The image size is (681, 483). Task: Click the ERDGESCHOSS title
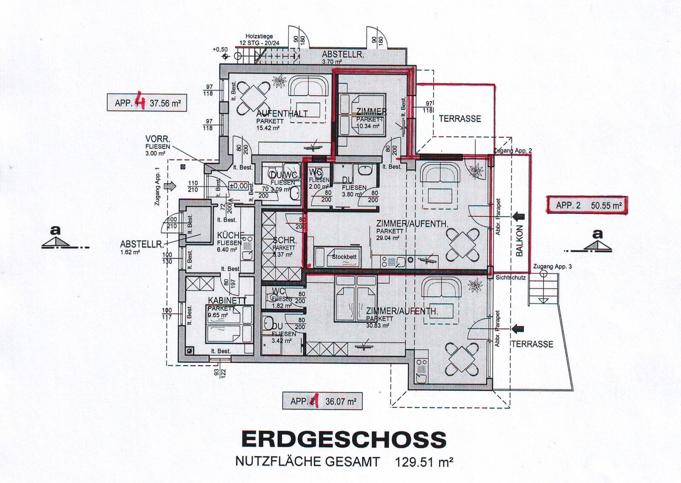344,439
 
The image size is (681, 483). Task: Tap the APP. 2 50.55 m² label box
587,205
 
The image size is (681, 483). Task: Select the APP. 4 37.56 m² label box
147,103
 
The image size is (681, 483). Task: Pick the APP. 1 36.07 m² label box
322,401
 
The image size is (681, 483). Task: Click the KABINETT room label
227,301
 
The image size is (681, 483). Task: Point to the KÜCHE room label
230,236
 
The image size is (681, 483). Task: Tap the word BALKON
519,241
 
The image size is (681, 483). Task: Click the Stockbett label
344,257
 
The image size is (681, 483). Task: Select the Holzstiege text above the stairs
259,37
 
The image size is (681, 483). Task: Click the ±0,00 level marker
238,186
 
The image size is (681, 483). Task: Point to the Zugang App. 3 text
552,267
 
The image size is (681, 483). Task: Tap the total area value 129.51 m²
424,462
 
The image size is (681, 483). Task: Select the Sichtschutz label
510,278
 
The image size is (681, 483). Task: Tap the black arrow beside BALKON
518,216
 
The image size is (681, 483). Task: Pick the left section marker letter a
55,230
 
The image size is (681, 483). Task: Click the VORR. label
158,139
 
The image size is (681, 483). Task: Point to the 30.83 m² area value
377,325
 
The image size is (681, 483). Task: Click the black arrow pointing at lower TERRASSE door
517,329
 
